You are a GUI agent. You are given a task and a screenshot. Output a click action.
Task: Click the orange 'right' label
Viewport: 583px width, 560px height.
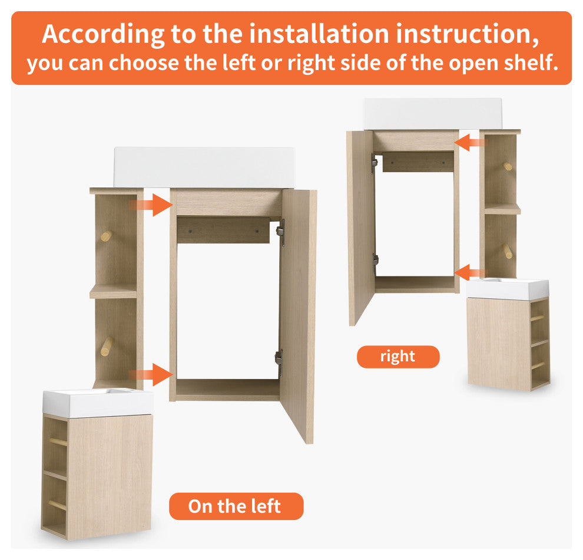click(398, 357)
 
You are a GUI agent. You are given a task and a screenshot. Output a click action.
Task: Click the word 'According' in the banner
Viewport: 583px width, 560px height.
click(103, 35)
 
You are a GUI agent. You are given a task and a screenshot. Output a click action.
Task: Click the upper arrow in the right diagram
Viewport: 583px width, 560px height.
click(471, 142)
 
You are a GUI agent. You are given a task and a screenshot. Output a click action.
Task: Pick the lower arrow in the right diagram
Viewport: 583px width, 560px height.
click(471, 272)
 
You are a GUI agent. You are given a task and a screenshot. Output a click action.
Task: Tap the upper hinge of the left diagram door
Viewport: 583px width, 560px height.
click(281, 232)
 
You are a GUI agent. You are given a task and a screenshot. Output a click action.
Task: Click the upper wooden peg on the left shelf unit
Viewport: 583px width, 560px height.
click(106, 236)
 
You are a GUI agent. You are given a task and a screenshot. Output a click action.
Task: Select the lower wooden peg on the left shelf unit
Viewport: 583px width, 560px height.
click(106, 346)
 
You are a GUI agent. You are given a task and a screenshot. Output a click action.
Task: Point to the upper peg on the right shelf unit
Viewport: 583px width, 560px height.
click(508, 166)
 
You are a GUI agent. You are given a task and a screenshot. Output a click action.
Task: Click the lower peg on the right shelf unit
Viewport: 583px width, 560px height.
click(507, 251)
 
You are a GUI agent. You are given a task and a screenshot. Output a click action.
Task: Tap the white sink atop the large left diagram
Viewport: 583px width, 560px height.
click(204, 166)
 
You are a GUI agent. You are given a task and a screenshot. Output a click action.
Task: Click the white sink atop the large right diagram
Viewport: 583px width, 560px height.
click(432, 113)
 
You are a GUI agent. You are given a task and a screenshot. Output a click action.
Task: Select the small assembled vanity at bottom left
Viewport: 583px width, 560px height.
click(97, 466)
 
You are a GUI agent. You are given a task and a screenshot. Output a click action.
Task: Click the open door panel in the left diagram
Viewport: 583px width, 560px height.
click(299, 312)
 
